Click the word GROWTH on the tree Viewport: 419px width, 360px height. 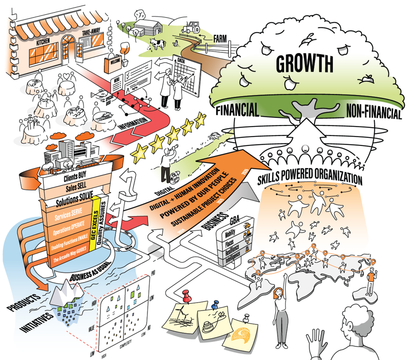(x=304, y=64)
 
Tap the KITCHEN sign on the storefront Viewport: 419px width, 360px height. (x=45, y=44)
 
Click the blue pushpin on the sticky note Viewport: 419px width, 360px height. (x=215, y=303)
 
